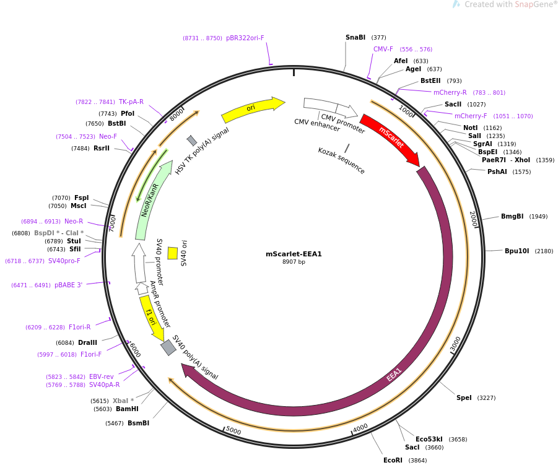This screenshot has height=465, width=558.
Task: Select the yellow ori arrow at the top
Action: click(253, 108)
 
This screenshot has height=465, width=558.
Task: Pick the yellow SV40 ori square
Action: click(173, 253)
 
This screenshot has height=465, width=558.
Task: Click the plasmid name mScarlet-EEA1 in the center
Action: click(294, 254)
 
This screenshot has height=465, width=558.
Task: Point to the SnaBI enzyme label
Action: click(355, 37)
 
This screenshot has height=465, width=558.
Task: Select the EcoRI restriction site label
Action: click(393, 460)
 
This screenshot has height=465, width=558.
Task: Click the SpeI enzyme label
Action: click(464, 398)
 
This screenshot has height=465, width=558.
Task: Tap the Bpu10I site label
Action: click(517, 251)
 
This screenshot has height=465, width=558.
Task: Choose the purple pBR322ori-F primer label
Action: click(245, 38)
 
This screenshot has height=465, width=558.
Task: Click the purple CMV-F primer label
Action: click(383, 49)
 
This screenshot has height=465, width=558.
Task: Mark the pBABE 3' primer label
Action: click(68, 285)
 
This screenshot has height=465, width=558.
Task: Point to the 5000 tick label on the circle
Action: click(233, 430)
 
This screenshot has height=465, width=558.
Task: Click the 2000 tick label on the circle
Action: click(473, 219)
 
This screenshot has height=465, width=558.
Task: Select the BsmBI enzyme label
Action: click(139, 423)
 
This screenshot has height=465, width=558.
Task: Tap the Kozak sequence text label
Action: click(341, 161)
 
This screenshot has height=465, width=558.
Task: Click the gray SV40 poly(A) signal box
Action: click(168, 347)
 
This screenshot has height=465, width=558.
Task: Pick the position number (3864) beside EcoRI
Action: click(417, 461)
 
